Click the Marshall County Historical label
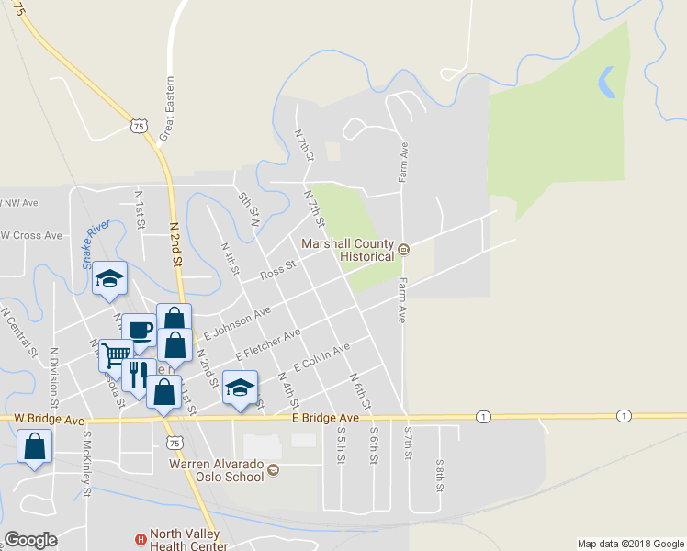(348, 250)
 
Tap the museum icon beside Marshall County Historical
(403, 246)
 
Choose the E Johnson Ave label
(237, 324)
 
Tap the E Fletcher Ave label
(267, 345)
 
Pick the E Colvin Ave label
(321, 358)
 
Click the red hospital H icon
(141, 540)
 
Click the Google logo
(31, 540)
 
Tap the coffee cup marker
(140, 330)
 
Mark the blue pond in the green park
(607, 83)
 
